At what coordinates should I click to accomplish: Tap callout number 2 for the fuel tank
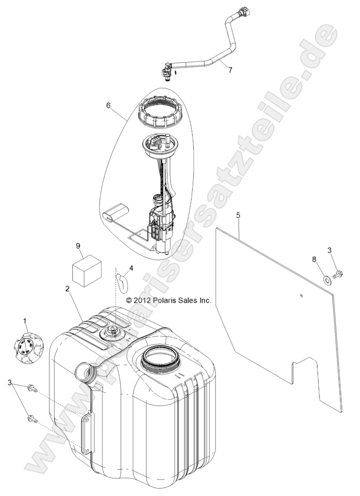(x=67, y=288)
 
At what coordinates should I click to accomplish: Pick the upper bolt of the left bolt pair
(x=33, y=388)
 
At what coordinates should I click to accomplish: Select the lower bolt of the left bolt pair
(x=33, y=419)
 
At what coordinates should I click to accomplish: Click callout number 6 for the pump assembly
(x=108, y=105)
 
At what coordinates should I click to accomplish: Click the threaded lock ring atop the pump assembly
(x=161, y=113)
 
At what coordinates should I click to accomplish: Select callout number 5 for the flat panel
(x=238, y=215)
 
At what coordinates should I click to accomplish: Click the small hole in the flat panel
(x=301, y=296)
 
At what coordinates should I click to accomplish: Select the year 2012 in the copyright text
(x=143, y=300)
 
